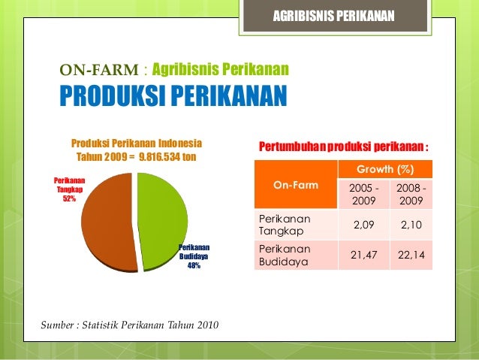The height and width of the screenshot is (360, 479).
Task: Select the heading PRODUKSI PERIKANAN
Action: point(173,97)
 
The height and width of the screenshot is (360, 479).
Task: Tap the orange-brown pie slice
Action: point(109,222)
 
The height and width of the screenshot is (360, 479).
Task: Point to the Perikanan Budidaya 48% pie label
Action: point(194,256)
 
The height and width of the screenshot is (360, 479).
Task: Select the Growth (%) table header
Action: point(384,169)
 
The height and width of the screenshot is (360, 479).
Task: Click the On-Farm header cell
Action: point(295,184)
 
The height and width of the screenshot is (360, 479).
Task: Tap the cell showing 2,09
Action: point(359,225)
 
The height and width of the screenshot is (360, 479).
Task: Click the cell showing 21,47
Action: point(359,256)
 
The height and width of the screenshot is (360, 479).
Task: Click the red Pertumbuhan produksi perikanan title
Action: point(343,146)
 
